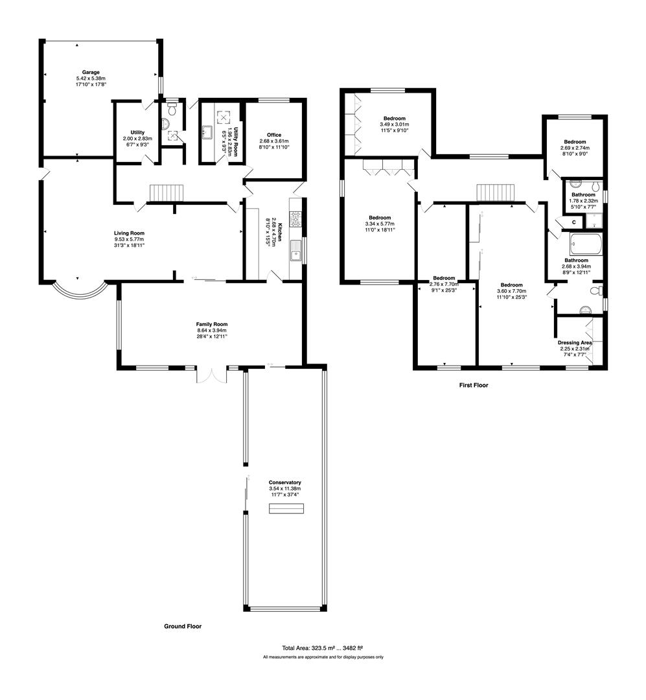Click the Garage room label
[91, 72]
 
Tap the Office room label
[273, 135]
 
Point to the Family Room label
[212, 324]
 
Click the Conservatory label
[285, 483]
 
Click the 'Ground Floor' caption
[183, 627]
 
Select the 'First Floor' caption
[473, 385]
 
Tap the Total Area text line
[322, 647]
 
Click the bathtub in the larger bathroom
[586, 246]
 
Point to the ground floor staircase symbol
[168, 193]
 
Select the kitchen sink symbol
[297, 250]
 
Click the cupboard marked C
[573, 222]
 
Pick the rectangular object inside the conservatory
[286, 509]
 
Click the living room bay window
[77, 292]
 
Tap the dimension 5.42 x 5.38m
[91, 78]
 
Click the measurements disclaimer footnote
[323, 657]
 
